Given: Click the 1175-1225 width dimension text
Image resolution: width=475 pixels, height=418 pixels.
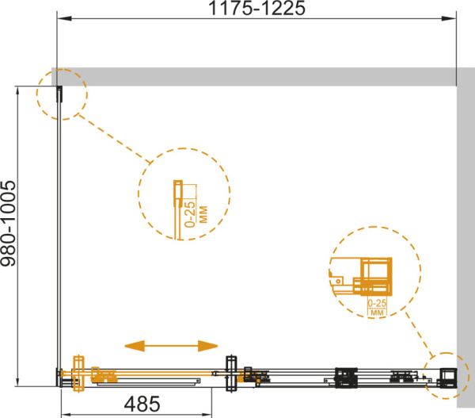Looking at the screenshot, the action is [x=256, y=8].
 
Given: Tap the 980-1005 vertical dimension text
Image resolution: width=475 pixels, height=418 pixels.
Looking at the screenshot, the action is [x=8, y=224].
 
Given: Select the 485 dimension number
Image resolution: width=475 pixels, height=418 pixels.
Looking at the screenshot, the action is [x=142, y=404].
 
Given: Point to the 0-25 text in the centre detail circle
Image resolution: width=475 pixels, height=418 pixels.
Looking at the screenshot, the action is [x=190, y=214].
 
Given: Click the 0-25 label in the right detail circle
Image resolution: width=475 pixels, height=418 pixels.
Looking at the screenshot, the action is [x=377, y=303].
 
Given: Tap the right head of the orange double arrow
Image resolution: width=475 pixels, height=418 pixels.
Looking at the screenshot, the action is [x=207, y=346].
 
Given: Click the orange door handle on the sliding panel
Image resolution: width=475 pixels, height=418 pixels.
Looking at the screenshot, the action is [x=78, y=374].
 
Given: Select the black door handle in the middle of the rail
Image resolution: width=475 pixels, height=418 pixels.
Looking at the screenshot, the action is [x=231, y=374].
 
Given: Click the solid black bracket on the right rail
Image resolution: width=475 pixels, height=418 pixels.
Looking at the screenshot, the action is [x=346, y=378].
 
